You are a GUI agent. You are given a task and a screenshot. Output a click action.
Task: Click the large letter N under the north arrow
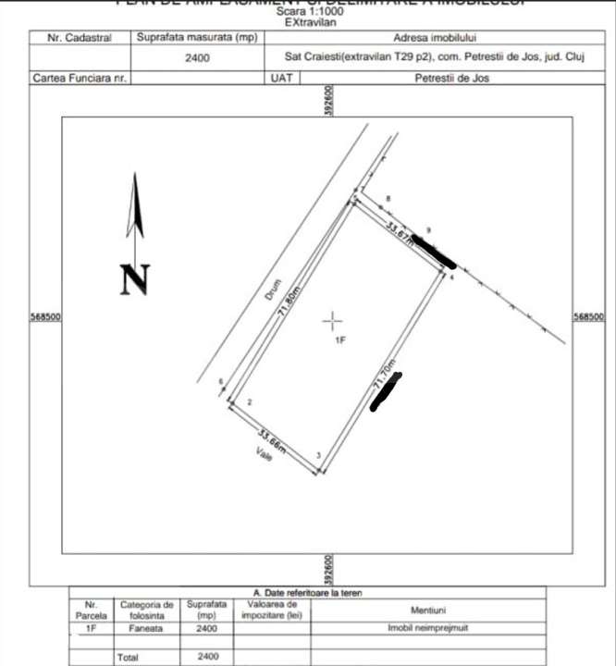(135, 279)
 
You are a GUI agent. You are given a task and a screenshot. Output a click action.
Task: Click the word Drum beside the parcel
(272, 290)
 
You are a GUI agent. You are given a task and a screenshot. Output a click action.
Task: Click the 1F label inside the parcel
(339, 341)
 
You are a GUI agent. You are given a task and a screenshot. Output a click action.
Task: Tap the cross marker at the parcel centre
(333, 321)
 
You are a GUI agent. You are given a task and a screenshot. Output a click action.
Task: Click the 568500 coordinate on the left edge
(46, 316)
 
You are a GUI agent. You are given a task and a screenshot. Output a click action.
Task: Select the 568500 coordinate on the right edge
(588, 316)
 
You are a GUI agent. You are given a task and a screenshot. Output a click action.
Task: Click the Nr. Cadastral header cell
(80, 39)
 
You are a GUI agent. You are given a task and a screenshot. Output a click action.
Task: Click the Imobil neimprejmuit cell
(415, 627)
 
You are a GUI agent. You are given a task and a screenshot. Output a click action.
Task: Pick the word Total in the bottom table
(129, 658)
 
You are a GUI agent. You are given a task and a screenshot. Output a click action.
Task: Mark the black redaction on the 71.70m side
(386, 392)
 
